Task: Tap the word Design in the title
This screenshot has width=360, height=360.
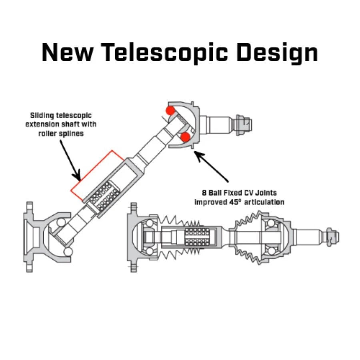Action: click(x=277, y=52)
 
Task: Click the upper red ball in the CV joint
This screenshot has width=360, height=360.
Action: click(x=171, y=110)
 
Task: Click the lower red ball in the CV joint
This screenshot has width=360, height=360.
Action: click(x=185, y=138)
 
